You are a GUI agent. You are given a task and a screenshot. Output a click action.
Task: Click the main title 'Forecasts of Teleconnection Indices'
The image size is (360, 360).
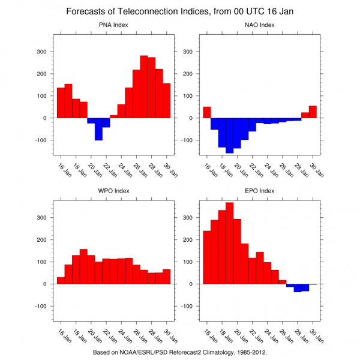pyautogui.click(x=179, y=11)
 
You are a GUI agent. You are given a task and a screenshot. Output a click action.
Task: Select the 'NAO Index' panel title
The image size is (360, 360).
pyautogui.click(x=260, y=25)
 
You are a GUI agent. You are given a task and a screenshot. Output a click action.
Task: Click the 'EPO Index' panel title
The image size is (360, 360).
pyautogui.click(x=260, y=191)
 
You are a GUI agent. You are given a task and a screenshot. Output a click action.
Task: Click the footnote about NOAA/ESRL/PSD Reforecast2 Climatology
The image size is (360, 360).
pyautogui.click(x=179, y=352)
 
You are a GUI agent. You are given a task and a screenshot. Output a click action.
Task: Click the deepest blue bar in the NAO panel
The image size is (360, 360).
pyautogui.click(x=229, y=136)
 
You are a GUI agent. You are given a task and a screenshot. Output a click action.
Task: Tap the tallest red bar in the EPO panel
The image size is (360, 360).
pyautogui.click(x=229, y=243)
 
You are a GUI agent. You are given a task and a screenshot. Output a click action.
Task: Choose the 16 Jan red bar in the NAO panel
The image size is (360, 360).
pyautogui.click(x=207, y=112)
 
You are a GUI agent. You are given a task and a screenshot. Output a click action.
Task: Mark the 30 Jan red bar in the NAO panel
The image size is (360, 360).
pyautogui.click(x=313, y=112)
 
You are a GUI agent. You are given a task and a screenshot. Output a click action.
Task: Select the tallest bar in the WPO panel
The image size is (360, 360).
pyautogui.click(x=83, y=266)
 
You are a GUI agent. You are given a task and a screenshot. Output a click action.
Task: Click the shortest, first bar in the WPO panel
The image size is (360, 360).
pyautogui.click(x=61, y=280)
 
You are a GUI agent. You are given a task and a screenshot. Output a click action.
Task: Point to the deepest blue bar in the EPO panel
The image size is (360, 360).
pyautogui.click(x=298, y=288)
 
